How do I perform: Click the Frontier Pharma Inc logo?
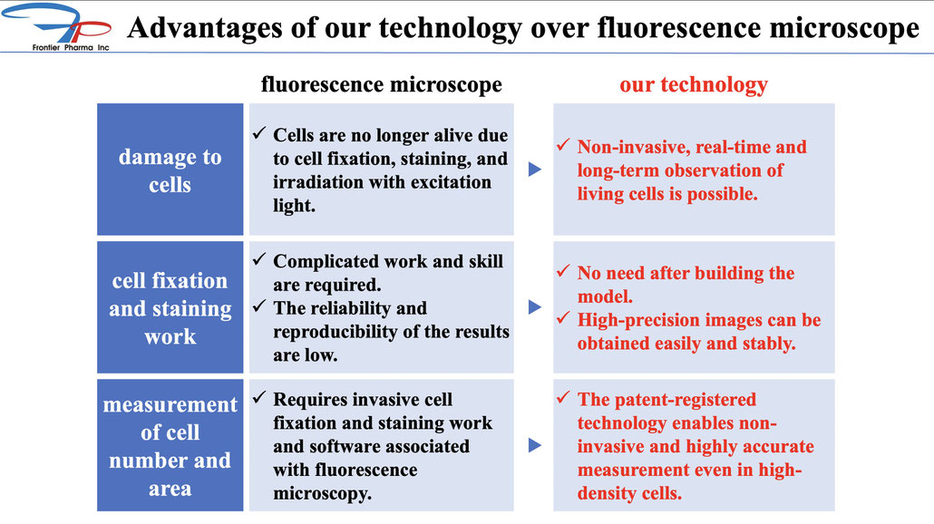click(56, 27)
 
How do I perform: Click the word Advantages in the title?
click(205, 27)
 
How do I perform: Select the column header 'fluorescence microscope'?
click(381, 84)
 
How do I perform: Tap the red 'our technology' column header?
click(694, 84)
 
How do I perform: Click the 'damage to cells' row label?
click(170, 170)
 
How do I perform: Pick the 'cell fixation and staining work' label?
click(170, 308)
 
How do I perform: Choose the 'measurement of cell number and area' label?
click(170, 446)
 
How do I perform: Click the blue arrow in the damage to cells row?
click(535, 170)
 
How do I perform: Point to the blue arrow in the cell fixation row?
click(535, 307)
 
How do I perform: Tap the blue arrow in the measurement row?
click(535, 445)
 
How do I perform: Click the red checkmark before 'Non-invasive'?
click(563, 145)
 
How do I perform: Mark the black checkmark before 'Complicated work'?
click(259, 259)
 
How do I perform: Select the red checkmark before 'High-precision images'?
click(563, 318)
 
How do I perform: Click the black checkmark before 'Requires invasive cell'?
click(259, 397)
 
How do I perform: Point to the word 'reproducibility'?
click(336, 332)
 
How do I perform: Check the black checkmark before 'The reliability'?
click(259, 306)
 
